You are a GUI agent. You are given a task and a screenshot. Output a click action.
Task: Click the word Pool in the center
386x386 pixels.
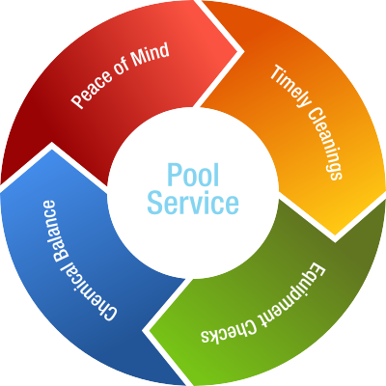click(193, 175)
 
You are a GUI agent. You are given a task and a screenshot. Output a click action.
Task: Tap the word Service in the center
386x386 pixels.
click(193, 203)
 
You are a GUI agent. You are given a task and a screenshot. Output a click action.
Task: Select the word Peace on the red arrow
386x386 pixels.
click(92, 90)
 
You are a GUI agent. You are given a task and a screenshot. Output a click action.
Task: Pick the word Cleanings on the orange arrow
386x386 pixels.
click(324, 143)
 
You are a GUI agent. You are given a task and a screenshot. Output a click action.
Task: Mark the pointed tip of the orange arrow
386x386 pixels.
click(335, 238)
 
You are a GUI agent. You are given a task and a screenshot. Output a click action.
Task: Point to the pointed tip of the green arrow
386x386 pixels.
click(147, 331)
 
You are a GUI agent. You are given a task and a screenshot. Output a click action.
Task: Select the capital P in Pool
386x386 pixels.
click(174, 175)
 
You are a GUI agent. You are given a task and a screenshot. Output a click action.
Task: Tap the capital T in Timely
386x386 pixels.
click(276, 72)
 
